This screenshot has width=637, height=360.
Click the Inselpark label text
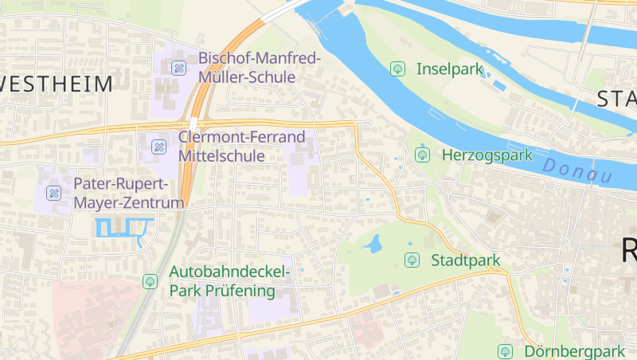click(450, 69)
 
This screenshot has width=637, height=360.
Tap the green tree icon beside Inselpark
click(397, 69)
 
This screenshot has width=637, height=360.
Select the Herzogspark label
click(487, 155)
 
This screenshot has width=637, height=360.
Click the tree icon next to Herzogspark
click(423, 155)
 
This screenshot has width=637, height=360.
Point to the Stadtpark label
click(465, 260)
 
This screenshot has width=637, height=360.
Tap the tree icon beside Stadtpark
click(412, 260)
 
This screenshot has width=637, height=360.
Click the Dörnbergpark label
click(573, 351)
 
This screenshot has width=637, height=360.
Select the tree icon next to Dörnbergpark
click(505, 351)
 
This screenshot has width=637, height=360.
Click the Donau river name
click(578, 170)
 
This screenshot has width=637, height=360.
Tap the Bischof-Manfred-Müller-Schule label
click(259, 68)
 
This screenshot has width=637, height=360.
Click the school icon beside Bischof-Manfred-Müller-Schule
click(179, 68)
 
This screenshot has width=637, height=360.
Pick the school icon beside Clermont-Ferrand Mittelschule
click(158, 147)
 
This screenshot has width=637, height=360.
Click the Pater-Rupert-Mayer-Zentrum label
click(128, 194)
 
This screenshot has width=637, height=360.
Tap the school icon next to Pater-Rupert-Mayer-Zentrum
click(53, 193)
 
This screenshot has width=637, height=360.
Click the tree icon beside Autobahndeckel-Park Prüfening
click(149, 281)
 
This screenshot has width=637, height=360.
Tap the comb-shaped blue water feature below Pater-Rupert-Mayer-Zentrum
click(123, 228)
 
